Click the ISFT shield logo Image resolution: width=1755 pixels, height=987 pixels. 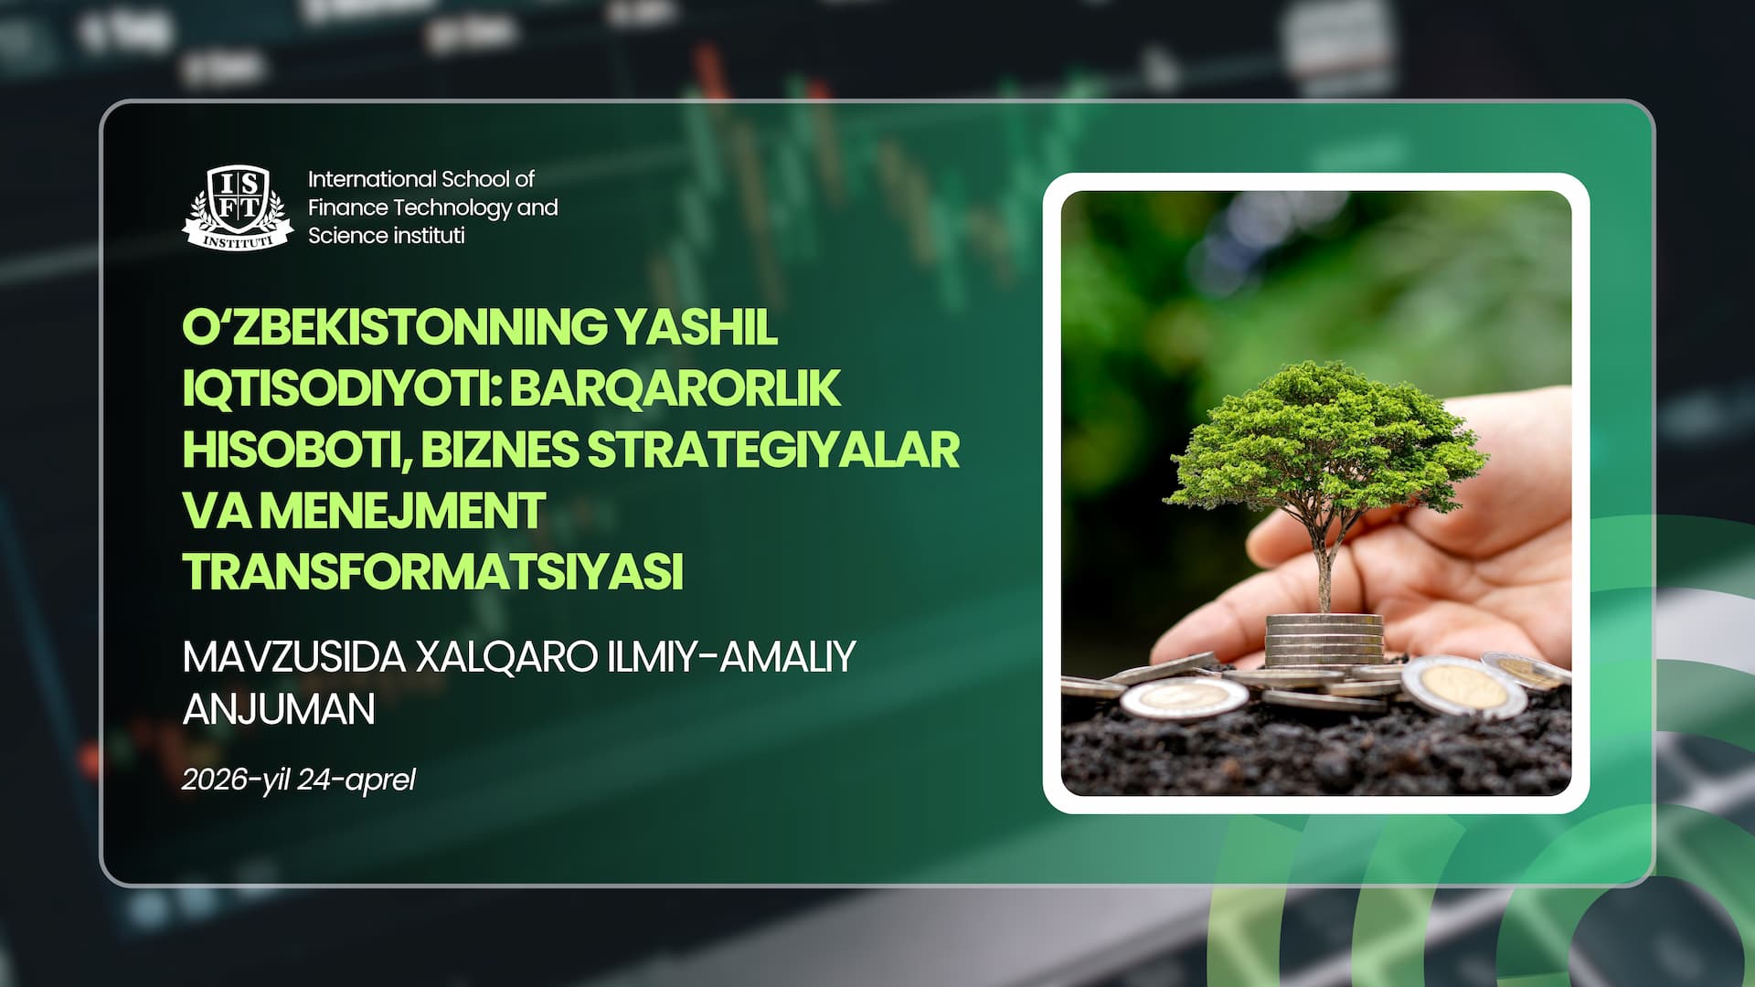[x=239, y=207]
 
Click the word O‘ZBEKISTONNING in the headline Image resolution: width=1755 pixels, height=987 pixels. [x=394, y=327]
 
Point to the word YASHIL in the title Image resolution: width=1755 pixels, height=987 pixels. [x=696, y=327]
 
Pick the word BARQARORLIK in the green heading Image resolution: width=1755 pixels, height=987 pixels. [x=675, y=388]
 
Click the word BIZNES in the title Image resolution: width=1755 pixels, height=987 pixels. [x=500, y=449]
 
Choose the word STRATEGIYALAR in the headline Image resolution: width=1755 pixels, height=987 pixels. [x=773, y=449]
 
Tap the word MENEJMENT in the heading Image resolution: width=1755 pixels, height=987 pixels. [x=403, y=510]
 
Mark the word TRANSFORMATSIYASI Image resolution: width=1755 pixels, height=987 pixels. [x=433, y=571]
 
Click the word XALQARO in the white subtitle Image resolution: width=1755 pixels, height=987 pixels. [x=506, y=656]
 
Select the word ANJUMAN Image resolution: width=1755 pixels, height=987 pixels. [x=279, y=708]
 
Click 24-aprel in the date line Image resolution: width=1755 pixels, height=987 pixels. [x=356, y=780]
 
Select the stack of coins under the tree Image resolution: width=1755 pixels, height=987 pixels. [x=1324, y=640]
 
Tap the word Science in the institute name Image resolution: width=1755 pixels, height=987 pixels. [x=345, y=236]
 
